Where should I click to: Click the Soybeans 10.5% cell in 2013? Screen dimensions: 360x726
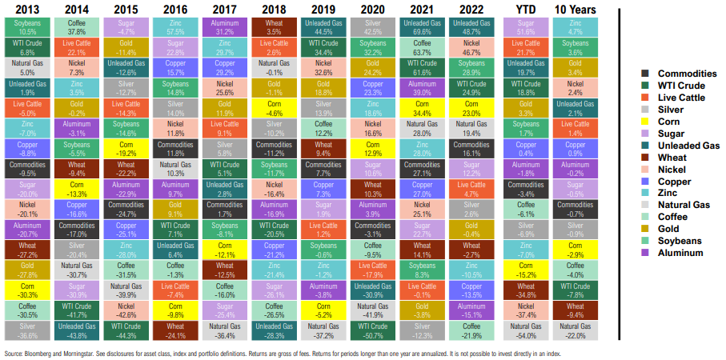point(25,27)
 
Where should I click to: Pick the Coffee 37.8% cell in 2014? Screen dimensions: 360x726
point(77,27)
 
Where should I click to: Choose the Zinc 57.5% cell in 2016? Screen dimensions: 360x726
point(175,27)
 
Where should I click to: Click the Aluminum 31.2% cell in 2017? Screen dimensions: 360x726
point(225,27)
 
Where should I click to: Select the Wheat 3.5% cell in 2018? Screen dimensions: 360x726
point(274,27)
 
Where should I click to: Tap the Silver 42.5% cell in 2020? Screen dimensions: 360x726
point(373,27)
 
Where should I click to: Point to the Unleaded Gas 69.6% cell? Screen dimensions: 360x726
point(423,27)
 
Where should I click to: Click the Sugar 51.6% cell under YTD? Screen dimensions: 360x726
point(526,27)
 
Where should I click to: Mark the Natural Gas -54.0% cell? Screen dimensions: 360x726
point(526,331)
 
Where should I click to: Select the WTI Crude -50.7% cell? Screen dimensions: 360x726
point(373,331)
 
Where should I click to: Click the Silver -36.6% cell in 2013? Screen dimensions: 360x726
point(25,331)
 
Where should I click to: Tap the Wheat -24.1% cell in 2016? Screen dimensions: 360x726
point(175,331)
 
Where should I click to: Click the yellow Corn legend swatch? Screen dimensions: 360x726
point(632,121)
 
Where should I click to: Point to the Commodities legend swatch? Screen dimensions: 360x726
point(632,73)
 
